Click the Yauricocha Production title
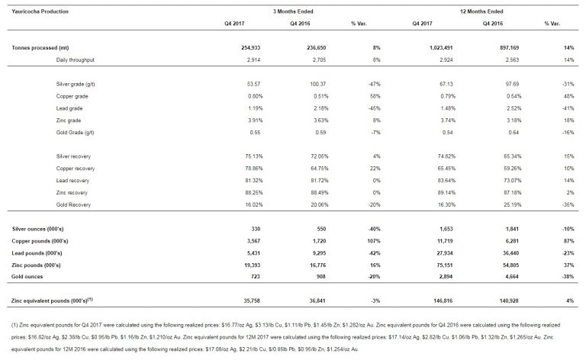click(37, 11)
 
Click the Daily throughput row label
click(79, 58)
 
